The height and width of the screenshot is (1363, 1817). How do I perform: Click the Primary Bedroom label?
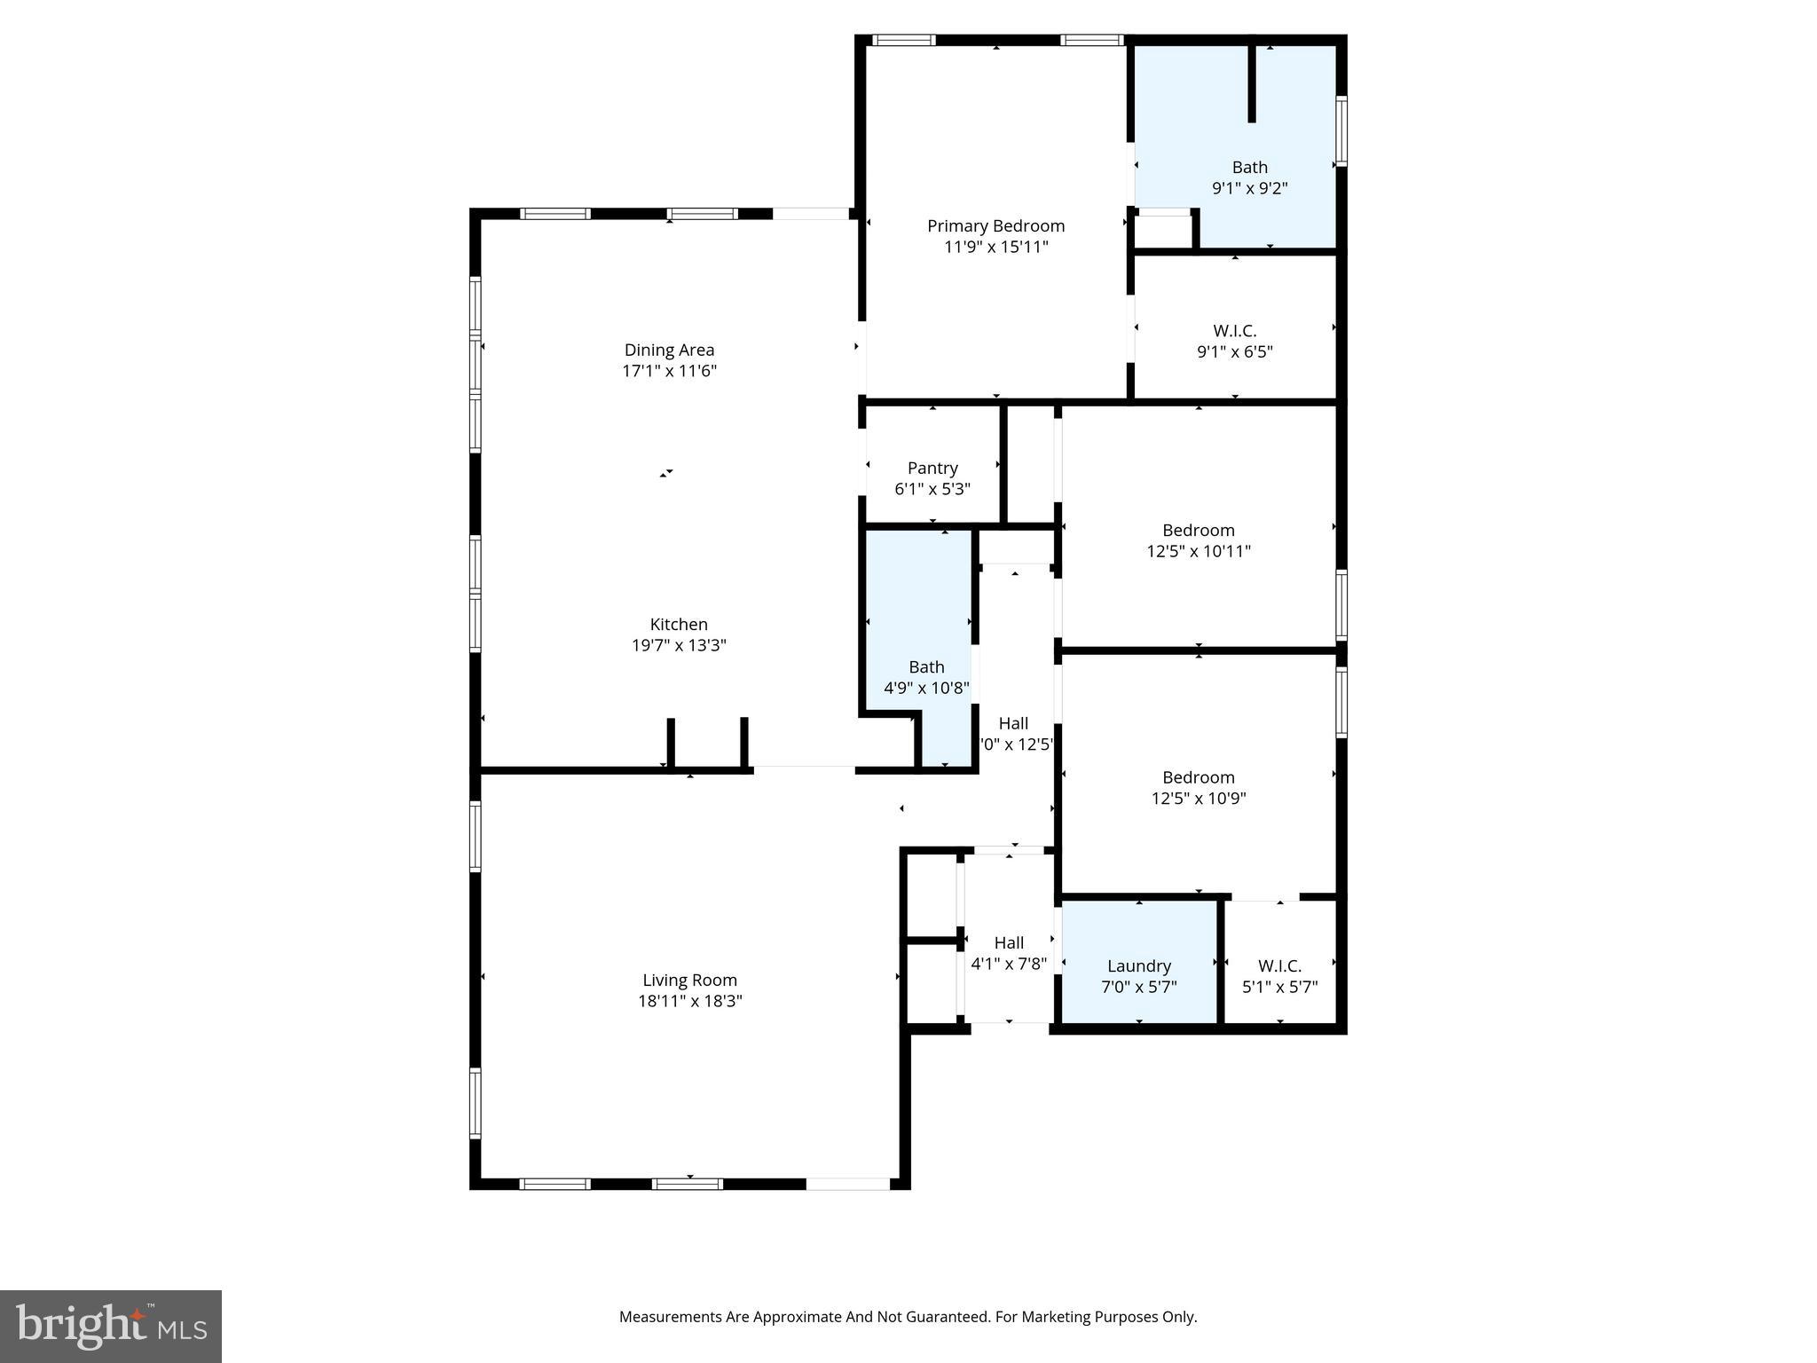[995, 226]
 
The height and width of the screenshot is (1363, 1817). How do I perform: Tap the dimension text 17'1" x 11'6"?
[669, 371]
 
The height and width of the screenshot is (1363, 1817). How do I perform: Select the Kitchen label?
[679, 625]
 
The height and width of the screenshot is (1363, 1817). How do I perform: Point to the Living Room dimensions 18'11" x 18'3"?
[689, 1001]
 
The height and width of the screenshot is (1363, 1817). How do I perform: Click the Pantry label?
[932, 469]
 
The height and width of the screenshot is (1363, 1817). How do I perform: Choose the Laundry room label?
[1139, 966]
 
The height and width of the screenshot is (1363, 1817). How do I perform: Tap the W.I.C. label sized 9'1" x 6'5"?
[1235, 331]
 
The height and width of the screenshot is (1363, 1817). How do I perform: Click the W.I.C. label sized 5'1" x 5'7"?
[1279, 966]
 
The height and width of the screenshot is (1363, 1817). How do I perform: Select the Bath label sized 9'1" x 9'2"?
[1249, 168]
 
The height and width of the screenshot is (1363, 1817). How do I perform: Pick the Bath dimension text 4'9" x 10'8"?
[926, 688]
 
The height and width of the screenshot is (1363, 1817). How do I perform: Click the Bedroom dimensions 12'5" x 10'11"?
[1199, 551]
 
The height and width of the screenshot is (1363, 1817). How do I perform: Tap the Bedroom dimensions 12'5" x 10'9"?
[1199, 799]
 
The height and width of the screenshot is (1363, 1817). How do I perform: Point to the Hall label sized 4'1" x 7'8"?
[1009, 943]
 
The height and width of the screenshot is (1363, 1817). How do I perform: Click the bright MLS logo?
[111, 1326]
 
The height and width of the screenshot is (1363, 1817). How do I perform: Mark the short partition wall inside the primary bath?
[1252, 83]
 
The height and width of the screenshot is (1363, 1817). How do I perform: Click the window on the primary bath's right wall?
[1341, 131]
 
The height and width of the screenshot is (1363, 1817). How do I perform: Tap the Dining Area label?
[669, 351]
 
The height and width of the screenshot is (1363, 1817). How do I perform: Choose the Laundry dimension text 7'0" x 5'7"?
[1139, 987]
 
